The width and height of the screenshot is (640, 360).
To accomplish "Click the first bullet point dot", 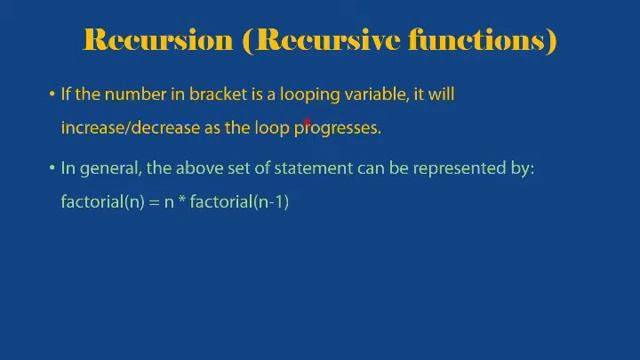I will coord(52,95).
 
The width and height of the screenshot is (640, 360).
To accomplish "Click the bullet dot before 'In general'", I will coord(52,170).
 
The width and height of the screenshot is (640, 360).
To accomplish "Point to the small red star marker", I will coord(308,123).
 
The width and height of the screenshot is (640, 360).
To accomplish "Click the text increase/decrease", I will coord(123,128).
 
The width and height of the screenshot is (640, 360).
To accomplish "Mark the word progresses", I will coord(337,128).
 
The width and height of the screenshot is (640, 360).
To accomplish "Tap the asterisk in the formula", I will coord(182,202).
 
